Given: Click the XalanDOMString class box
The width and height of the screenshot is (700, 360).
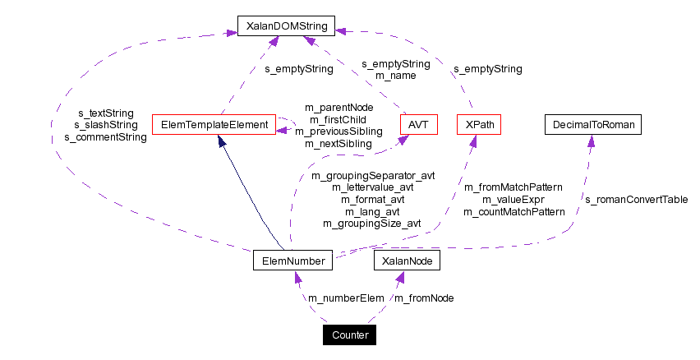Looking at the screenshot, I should pyautogui.click(x=286, y=26).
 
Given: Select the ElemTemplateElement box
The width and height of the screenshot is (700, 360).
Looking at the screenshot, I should pyautogui.click(x=214, y=125).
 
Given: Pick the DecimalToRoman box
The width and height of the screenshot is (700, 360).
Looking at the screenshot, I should pyautogui.click(x=592, y=125).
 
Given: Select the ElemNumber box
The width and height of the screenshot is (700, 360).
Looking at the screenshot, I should pyautogui.click(x=292, y=261).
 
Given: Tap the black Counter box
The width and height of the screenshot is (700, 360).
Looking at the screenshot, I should pyautogui.click(x=351, y=335).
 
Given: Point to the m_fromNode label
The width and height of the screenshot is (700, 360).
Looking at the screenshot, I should pyautogui.click(x=424, y=298).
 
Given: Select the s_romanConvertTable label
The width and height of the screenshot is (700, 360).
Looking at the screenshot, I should pyautogui.click(x=636, y=199).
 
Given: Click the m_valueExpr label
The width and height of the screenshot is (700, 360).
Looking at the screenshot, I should pyautogui.click(x=514, y=200).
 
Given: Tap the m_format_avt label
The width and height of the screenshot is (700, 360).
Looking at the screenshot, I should pyautogui.click(x=373, y=199).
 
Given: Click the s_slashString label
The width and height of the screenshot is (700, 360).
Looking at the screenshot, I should pyautogui.click(x=106, y=125).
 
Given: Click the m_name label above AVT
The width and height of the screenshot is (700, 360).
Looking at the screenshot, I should pyautogui.click(x=395, y=76).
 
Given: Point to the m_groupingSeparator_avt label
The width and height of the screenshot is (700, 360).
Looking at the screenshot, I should pyautogui.click(x=373, y=175).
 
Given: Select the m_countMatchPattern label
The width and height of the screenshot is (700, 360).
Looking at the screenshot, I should pyautogui.click(x=514, y=211).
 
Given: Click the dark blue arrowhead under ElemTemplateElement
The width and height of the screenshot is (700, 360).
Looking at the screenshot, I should pyautogui.click(x=221, y=141).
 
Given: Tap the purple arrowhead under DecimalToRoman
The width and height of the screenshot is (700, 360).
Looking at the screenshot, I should pyautogui.click(x=591, y=141).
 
